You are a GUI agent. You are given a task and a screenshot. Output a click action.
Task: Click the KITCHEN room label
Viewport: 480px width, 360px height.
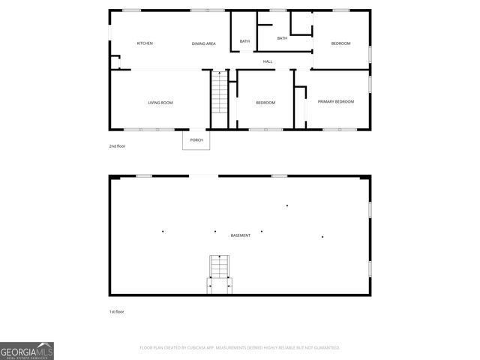click(x=145, y=43)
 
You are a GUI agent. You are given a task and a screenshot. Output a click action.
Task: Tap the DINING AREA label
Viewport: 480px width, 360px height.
click(x=204, y=44)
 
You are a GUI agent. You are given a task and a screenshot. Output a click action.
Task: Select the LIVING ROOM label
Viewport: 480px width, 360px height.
click(x=160, y=103)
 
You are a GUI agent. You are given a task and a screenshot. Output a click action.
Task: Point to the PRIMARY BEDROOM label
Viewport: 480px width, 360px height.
click(x=336, y=102)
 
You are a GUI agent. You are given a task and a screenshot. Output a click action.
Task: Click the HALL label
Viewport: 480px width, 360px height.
click(x=268, y=61)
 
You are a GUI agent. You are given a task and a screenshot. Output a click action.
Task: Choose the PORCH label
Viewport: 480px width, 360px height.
click(x=196, y=140)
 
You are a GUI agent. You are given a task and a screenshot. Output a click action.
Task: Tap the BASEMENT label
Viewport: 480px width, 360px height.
click(x=241, y=235)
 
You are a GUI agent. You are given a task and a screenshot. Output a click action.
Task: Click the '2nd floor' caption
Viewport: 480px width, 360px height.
click(x=118, y=146)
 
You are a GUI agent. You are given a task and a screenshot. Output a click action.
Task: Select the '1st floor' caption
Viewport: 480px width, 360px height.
click(x=117, y=311)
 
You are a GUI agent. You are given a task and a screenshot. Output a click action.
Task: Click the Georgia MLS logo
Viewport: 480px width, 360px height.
click(x=27, y=351)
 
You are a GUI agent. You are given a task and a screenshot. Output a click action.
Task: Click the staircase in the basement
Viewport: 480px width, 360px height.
click(x=220, y=266)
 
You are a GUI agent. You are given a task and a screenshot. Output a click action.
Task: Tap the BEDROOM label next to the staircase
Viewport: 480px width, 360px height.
click(x=265, y=103)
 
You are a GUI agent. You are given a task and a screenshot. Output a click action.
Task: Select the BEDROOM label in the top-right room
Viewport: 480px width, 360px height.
click(x=341, y=43)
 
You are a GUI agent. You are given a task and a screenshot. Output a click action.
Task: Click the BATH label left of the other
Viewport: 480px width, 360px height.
click(x=245, y=41)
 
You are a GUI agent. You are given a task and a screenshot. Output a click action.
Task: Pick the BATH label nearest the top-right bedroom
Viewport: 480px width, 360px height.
click(x=282, y=38)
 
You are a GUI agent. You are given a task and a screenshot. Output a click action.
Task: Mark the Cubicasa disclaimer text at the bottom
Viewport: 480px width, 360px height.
click(x=240, y=348)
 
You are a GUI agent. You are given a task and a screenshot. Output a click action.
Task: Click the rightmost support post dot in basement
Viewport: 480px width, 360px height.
click(x=322, y=237)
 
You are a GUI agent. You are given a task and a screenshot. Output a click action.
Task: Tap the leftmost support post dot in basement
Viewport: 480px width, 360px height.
click(x=163, y=231)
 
